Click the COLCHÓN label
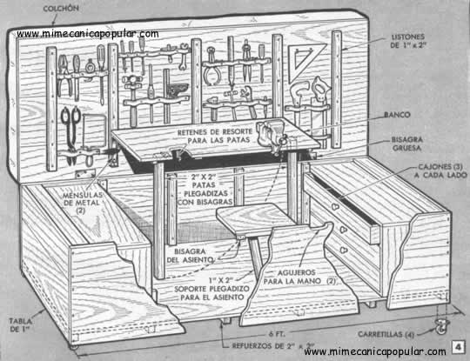[61, 9]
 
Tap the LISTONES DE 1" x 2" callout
[408, 41]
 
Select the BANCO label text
[397, 115]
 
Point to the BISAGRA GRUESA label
[407, 144]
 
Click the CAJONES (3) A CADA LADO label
[440, 170]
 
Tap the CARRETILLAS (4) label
[386, 334]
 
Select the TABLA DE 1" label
[20, 325]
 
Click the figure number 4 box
[458, 347]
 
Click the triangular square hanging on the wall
[305, 64]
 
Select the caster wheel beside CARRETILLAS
[442, 325]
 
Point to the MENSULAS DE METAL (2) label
[82, 203]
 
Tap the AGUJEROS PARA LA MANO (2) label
[299, 277]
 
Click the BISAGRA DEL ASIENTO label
[190, 256]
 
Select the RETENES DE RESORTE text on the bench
[215, 132]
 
